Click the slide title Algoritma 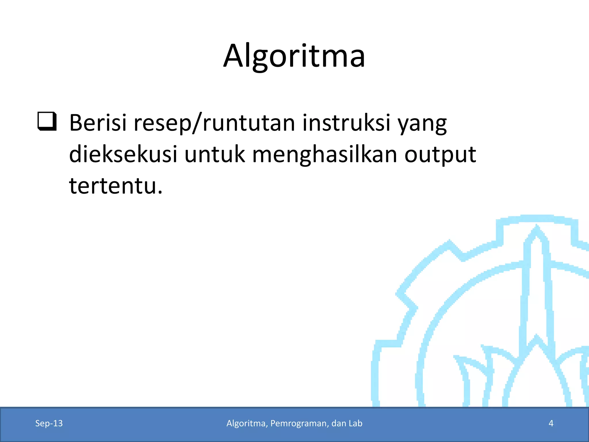coord(294,56)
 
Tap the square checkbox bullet coord(47,122)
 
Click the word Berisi coord(98,123)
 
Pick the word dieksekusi coord(123,154)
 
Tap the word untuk coord(215,154)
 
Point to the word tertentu coord(112,186)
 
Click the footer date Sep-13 coord(49,423)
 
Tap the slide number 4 coord(551,423)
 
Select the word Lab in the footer coord(355,423)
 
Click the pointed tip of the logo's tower coord(537,226)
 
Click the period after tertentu coord(160,193)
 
